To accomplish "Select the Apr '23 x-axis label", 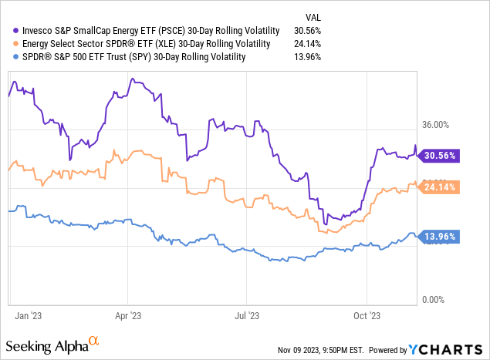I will point(127,315).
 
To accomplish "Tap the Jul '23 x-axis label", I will point(248,315).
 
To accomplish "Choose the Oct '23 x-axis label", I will point(367,315).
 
